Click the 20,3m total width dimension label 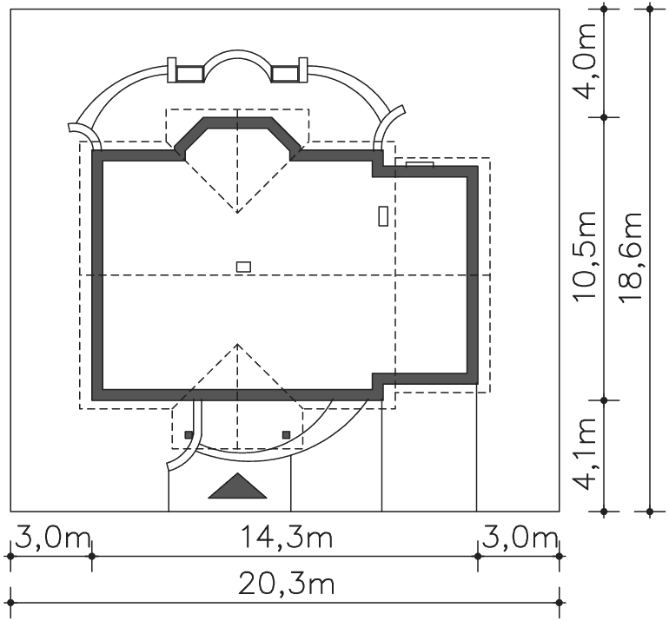coord(286,585)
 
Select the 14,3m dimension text coord(287,537)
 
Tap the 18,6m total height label coord(630,258)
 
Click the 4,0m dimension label coord(584,61)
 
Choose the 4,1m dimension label coord(584,453)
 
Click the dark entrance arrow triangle coord(237,486)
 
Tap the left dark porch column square coord(189,434)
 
